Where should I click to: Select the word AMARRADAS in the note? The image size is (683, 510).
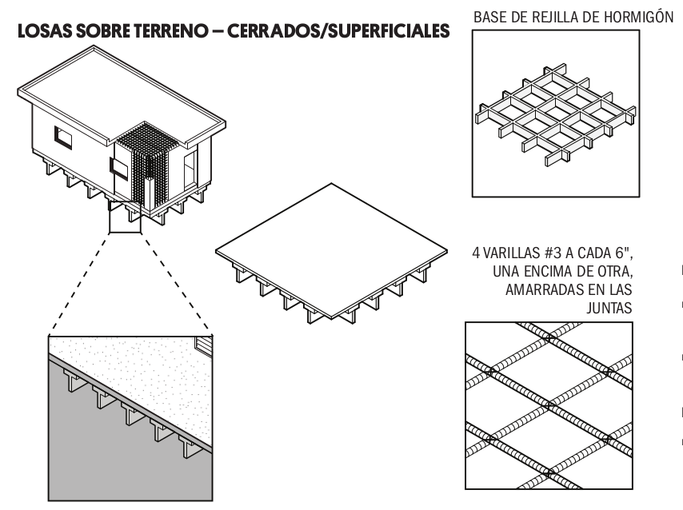(549, 289)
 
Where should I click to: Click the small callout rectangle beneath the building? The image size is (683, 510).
(124, 217)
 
